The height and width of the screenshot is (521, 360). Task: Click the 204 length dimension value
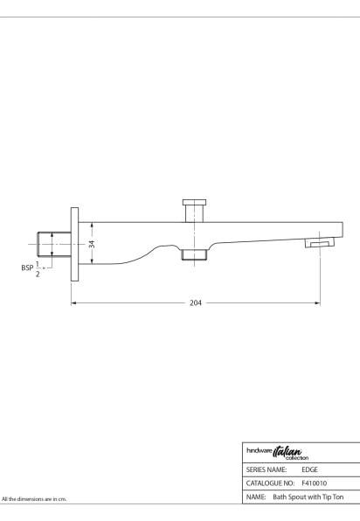coord(196,303)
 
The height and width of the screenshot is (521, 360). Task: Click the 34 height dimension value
coord(92,244)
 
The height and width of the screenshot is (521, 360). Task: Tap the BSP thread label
coord(27,267)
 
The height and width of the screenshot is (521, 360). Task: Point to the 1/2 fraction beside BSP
coord(38,269)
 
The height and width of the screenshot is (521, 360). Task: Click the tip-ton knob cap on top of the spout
coord(194,202)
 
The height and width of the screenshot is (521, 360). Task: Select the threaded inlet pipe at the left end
coord(54,244)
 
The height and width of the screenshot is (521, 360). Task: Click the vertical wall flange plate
coord(75,244)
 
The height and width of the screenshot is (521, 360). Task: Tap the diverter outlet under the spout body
coord(194,254)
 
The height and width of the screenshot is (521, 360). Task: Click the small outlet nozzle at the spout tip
coord(320,243)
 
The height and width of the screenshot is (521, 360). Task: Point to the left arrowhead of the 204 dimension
coord(73,303)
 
